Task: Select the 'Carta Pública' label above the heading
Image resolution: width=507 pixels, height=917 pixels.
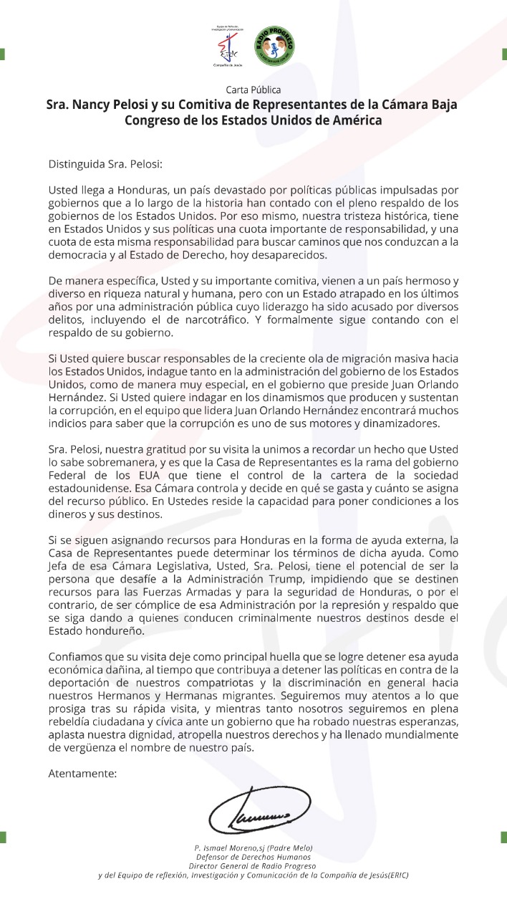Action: point(253,90)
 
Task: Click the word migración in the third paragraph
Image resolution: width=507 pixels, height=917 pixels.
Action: point(345,358)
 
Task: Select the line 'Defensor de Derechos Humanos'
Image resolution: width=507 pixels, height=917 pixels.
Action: point(253,857)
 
